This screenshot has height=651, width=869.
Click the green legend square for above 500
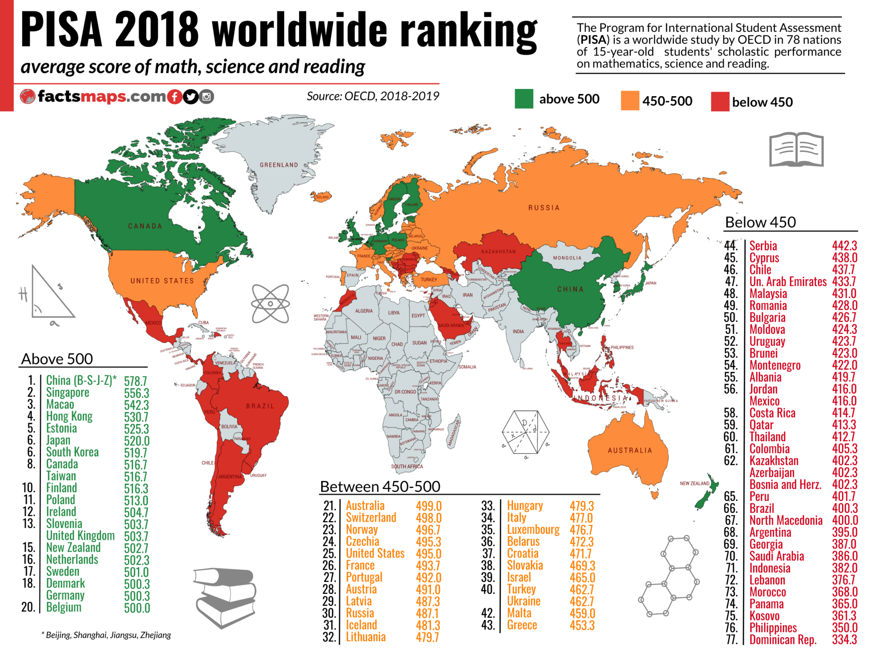point(524,99)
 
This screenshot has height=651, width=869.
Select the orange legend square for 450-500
point(630,100)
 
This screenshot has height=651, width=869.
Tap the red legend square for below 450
point(720,102)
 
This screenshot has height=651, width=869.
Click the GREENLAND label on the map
point(279,165)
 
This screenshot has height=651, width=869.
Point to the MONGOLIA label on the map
point(567,258)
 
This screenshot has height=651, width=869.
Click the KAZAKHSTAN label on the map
point(498,251)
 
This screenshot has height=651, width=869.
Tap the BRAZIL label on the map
point(260,406)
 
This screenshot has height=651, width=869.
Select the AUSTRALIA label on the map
point(630,450)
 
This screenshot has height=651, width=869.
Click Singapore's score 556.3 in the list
point(137,393)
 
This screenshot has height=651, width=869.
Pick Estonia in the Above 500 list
point(62,428)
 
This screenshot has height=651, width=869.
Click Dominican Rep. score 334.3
point(844,639)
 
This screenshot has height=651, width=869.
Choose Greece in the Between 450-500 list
point(522,625)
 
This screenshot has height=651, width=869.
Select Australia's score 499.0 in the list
point(429,506)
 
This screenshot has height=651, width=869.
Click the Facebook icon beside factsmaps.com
point(174,97)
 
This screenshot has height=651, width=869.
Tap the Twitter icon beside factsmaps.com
point(191,97)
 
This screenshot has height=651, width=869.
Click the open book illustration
point(796,150)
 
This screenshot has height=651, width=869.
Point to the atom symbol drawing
point(270,303)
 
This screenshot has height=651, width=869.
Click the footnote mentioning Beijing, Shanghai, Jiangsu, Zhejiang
point(107,635)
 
